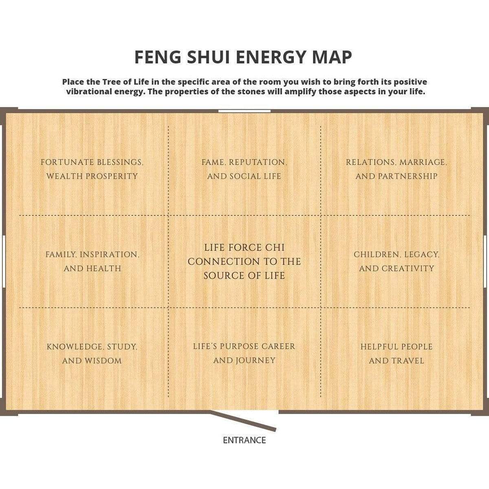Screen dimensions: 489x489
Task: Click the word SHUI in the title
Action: [208, 57]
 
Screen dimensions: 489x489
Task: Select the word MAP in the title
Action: [332, 57]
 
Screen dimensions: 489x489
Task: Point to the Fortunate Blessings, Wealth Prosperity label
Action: [92, 169]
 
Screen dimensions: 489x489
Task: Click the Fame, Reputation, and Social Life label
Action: [244, 169]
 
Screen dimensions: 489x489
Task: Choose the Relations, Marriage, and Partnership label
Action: [396, 169]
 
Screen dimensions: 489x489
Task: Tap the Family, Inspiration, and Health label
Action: [93, 261]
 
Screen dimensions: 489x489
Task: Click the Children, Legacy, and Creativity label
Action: [396, 261]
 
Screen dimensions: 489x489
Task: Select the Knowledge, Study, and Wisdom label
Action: [92, 354]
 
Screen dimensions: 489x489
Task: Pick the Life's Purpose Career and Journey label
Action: [244, 353]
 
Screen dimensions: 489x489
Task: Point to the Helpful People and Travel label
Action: [396, 354]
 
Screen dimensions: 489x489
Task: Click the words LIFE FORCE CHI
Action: [244, 248]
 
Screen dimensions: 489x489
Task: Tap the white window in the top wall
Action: [244, 111]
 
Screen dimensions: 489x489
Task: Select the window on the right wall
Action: [485, 261]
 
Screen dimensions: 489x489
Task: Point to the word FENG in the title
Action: [158, 57]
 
